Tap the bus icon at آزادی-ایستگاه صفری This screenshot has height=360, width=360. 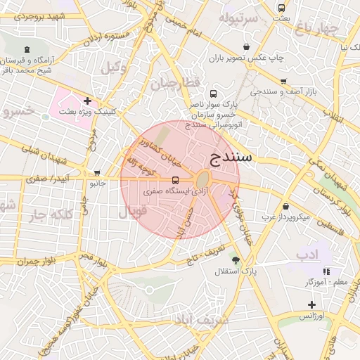tap(175, 179)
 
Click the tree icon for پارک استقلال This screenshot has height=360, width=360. tap(235, 260)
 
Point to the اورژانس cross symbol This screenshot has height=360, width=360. tap(311, 304)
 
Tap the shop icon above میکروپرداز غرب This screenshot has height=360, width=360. tap(286, 206)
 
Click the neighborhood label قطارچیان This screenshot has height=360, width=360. tap(174, 84)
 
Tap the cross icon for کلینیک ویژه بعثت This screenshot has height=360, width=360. tap(87, 101)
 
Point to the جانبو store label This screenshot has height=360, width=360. tap(97, 184)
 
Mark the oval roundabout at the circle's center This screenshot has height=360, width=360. tap(202, 179)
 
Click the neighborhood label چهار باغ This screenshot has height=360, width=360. tap(317, 29)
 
